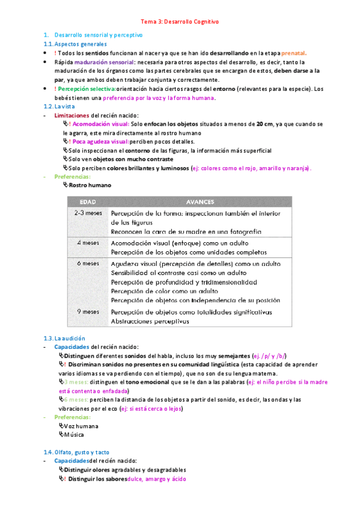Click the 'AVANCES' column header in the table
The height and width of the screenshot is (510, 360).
199,202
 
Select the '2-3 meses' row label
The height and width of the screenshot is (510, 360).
88,214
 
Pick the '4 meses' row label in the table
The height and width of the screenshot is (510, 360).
88,242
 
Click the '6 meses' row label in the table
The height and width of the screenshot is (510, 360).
88,263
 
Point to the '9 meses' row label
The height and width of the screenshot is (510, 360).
88,312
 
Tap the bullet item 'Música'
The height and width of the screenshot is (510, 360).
75,434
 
